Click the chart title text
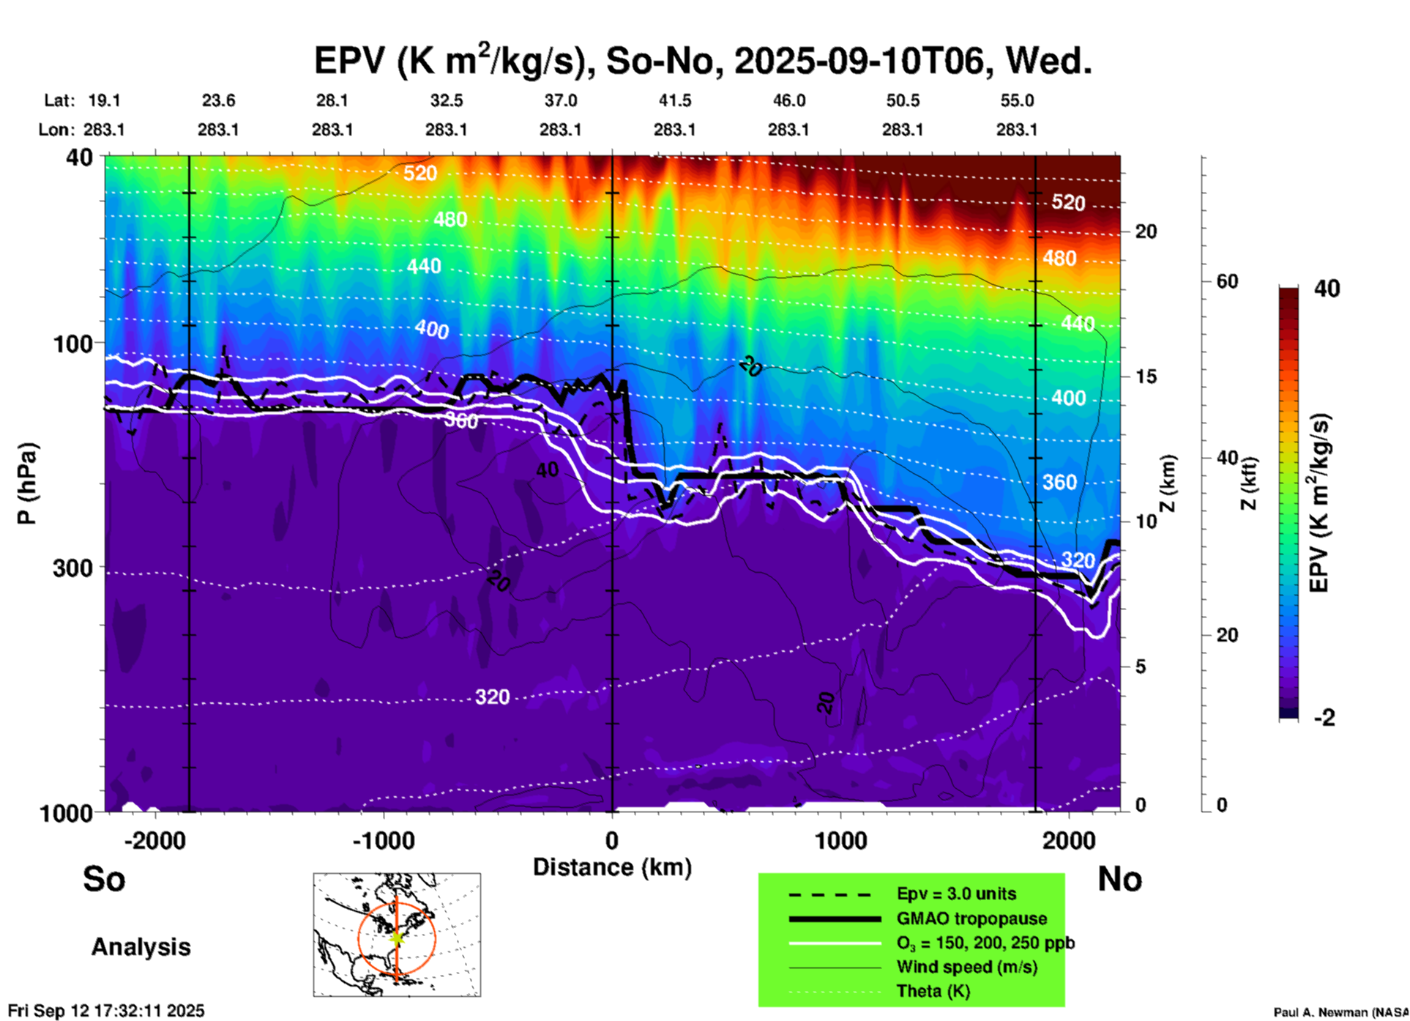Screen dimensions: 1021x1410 pos(703,60)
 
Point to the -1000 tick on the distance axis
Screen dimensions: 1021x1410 pos(383,840)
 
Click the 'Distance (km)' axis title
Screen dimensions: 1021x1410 pos(612,867)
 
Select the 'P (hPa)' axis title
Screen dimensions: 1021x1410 pos(27,483)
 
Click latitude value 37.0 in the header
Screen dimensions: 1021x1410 pos(560,100)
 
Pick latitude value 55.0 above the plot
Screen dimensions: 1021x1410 pos(1017,100)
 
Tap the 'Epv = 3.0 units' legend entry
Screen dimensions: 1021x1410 pos(956,894)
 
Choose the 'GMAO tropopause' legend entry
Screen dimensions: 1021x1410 pos(971,918)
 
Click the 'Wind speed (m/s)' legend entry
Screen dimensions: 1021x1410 pos(966,967)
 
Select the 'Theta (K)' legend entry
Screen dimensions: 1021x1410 pos(933,991)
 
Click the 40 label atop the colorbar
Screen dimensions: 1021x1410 pos(1327,289)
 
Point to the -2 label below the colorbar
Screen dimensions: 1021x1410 pos(1324,718)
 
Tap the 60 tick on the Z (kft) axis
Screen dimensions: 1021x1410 pos(1227,281)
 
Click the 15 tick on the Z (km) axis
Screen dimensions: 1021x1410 pos(1146,376)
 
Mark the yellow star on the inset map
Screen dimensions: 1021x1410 pos(396,937)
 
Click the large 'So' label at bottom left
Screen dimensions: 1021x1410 pos(104,879)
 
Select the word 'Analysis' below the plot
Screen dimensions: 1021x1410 pos(141,946)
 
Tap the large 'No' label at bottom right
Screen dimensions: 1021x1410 pos(1119,879)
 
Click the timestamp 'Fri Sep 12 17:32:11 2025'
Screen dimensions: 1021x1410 pos(106,1011)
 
